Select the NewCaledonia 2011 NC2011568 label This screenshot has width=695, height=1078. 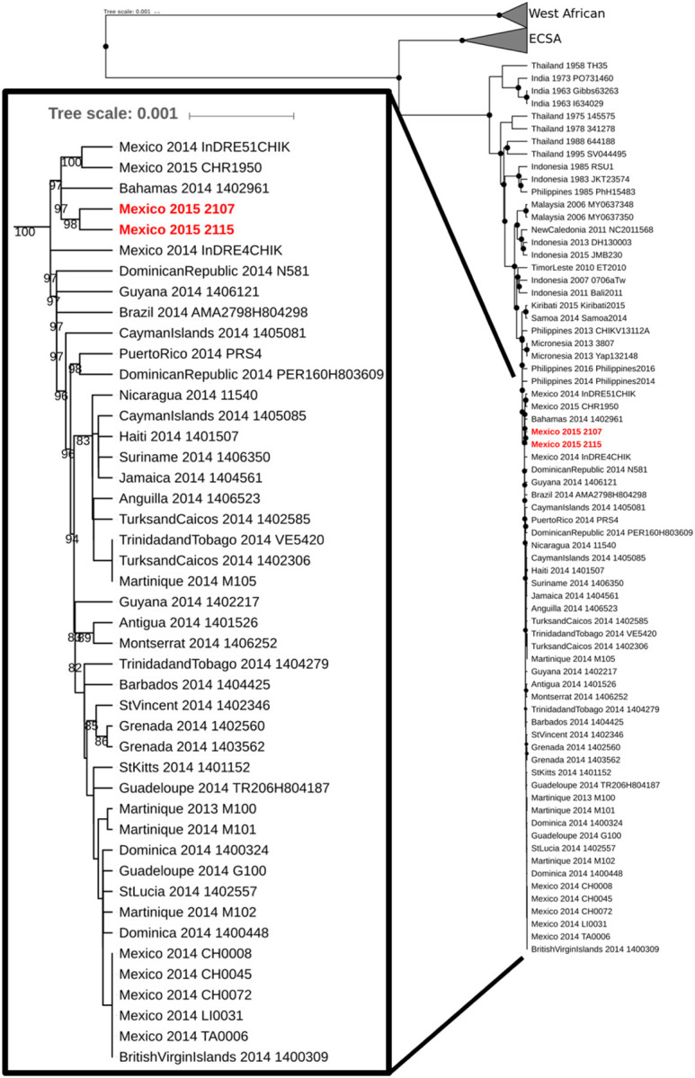click(583, 229)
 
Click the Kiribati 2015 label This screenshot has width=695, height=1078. click(575, 306)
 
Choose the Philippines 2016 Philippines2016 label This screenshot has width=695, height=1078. click(588, 369)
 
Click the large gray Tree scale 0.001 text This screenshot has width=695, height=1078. click(112, 114)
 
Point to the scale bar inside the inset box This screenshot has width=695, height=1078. click(241, 115)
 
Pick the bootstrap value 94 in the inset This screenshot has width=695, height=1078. click(73, 539)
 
